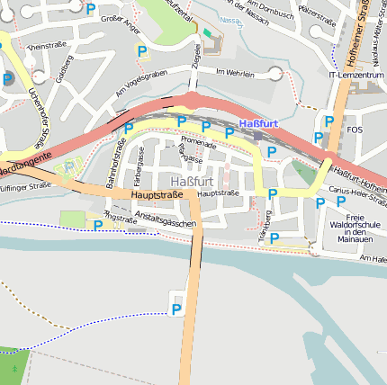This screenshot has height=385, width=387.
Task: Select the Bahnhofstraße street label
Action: pos(117,161)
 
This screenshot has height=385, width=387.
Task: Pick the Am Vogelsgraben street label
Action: pos(142,84)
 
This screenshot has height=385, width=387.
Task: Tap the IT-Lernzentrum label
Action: pos(355,75)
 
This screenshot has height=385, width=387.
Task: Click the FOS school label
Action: pos(355,130)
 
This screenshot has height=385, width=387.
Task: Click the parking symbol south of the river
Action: pos(176,309)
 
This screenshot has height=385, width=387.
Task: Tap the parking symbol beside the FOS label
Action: pos(329,121)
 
